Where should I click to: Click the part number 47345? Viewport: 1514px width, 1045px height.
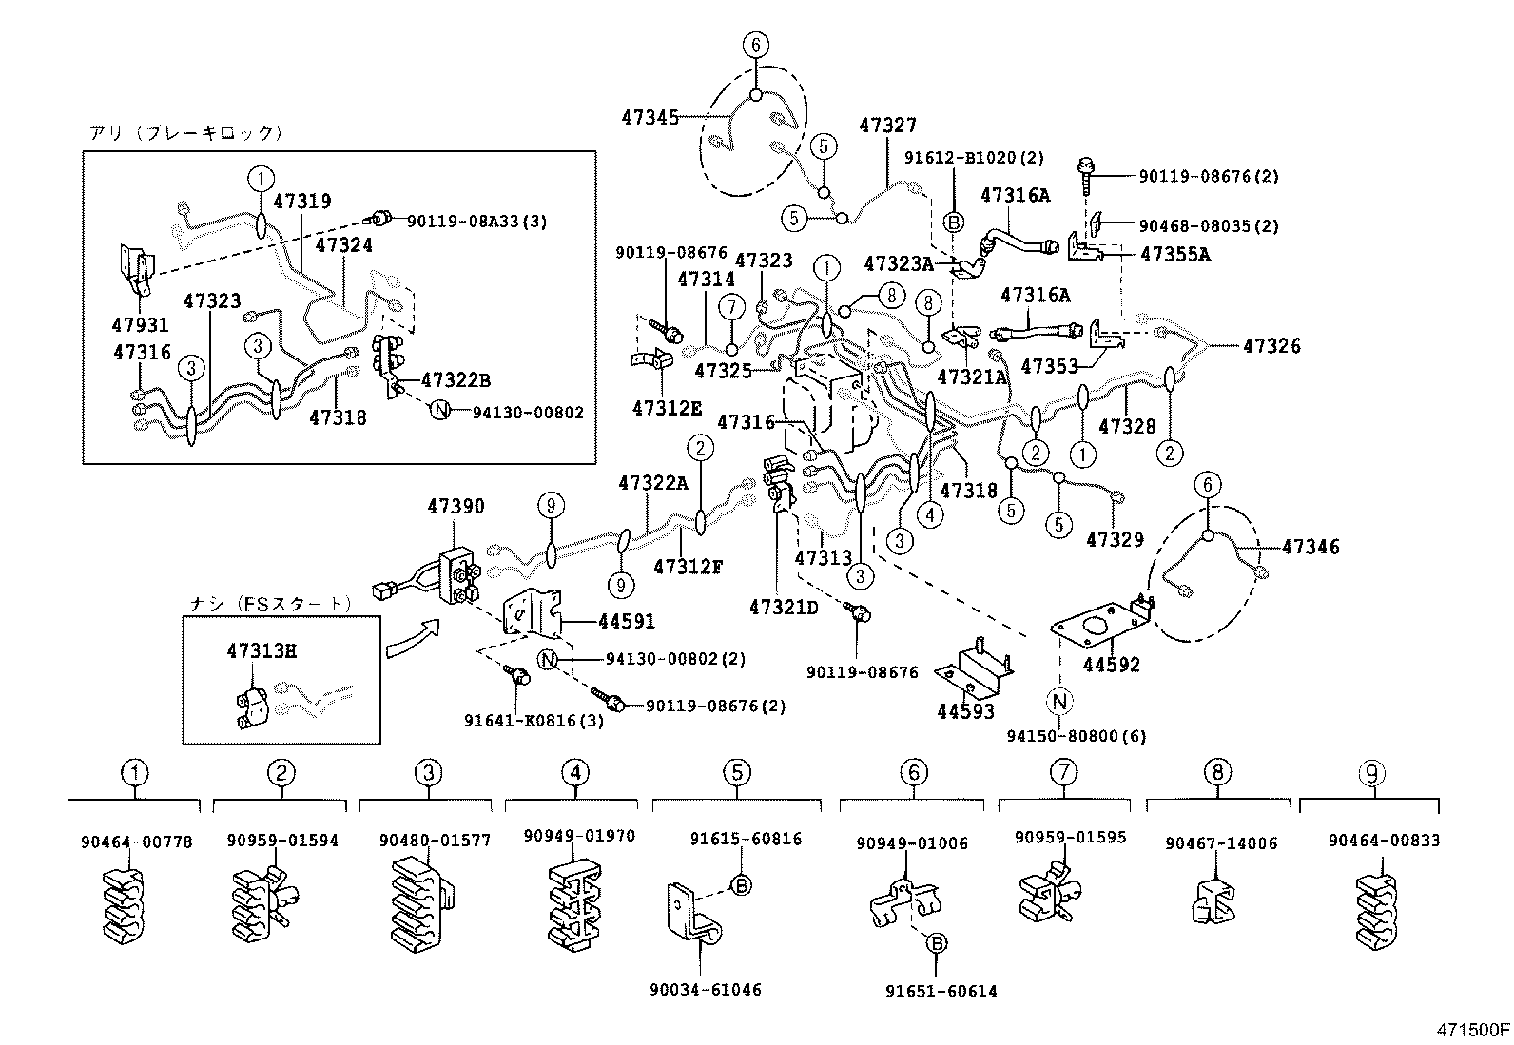(650, 118)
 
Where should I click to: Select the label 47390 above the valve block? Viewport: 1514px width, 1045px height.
(455, 507)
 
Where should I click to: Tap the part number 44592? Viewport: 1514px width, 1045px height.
(1111, 665)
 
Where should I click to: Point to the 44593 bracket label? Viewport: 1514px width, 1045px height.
(965, 710)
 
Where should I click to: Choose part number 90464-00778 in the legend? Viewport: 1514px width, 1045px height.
(124, 841)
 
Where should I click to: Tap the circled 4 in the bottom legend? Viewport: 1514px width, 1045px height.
(574, 773)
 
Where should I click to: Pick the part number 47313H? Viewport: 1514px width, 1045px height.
(262, 651)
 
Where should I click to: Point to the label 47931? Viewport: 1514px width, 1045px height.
(140, 325)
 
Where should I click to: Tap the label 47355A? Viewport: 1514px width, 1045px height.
(1174, 255)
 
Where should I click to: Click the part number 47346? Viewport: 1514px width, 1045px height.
(1310, 547)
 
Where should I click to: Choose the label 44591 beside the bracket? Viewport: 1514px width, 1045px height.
(626, 622)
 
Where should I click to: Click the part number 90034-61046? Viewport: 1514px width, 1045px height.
(706, 990)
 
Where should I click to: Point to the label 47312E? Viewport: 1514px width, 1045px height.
(667, 408)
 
